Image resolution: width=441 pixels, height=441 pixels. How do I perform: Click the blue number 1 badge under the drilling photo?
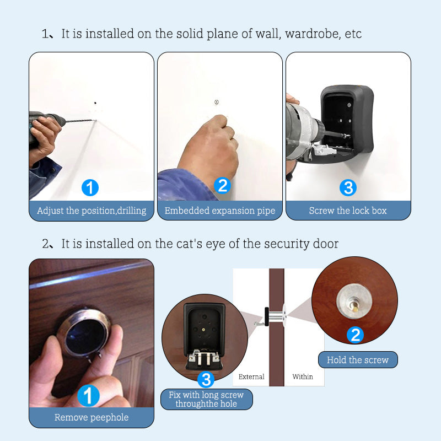tap(90, 188)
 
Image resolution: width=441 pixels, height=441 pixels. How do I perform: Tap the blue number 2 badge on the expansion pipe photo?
tap(222, 186)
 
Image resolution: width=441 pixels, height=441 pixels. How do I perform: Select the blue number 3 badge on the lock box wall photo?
tap(348, 187)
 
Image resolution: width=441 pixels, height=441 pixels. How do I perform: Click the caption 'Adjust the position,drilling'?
tap(92, 211)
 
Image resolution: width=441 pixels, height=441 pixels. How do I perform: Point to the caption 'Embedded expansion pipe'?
tap(220, 211)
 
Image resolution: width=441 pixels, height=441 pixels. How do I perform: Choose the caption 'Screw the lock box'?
tap(348, 211)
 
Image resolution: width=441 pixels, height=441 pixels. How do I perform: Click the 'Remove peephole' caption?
tap(92, 417)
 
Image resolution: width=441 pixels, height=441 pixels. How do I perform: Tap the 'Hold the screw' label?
tap(358, 360)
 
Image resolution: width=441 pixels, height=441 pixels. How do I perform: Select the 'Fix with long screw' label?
tap(206, 395)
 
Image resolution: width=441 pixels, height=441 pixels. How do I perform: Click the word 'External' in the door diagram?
tap(251, 377)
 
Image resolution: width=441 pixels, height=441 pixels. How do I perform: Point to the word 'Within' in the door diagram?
tap(303, 377)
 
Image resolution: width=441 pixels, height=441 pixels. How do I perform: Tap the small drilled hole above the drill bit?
tap(95, 103)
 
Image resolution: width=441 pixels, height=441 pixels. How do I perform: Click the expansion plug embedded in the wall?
tap(217, 102)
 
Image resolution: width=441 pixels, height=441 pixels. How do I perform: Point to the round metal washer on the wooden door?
tap(354, 302)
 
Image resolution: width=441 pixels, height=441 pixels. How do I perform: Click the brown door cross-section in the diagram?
tap(277, 327)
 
